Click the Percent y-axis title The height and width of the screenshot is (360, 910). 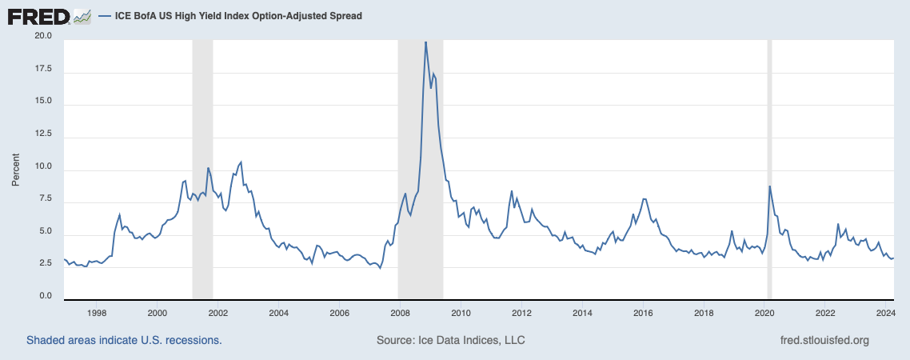(x=15, y=166)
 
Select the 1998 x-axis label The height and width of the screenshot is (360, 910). (x=97, y=313)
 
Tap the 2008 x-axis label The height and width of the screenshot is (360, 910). (x=401, y=313)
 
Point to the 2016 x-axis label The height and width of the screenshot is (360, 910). (x=644, y=313)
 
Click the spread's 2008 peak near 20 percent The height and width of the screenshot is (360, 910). (x=425, y=42)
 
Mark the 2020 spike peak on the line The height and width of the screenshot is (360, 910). (x=769, y=186)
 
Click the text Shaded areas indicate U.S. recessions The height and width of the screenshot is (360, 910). (x=124, y=340)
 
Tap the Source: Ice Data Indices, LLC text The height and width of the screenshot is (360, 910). (x=450, y=340)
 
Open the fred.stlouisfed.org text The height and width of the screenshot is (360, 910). (x=824, y=340)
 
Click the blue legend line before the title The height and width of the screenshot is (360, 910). (x=105, y=16)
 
